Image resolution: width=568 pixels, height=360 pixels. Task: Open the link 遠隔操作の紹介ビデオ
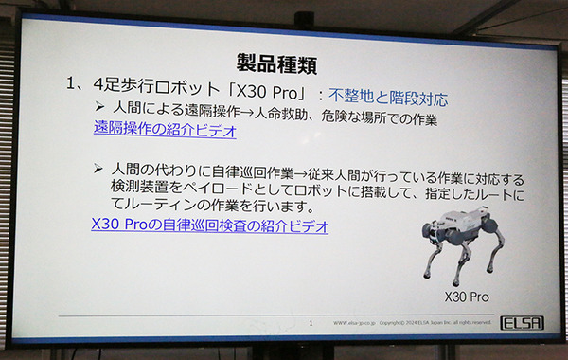tap(165, 131)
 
